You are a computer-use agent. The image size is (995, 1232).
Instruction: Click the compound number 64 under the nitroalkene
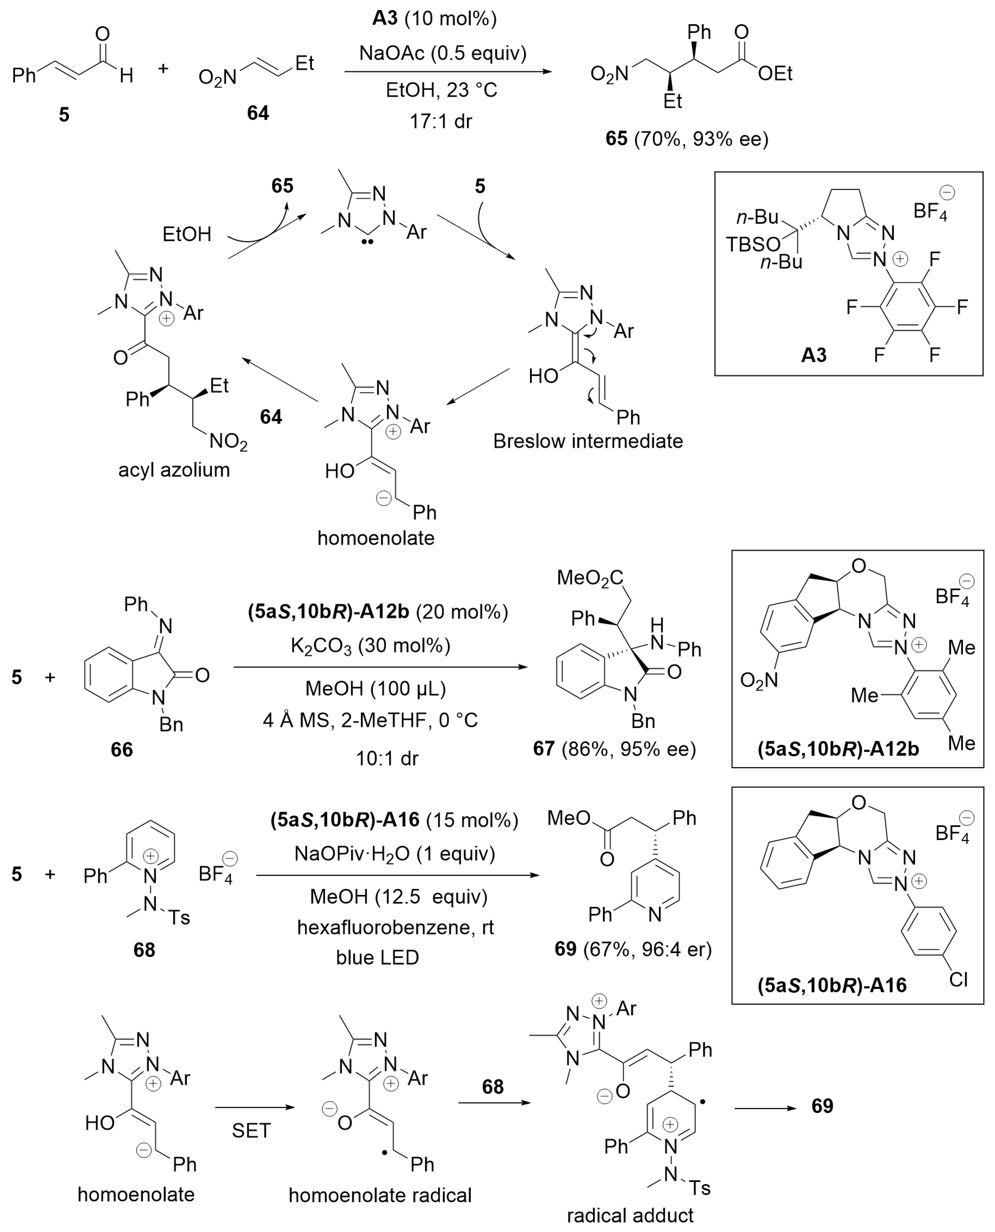pyautogui.click(x=258, y=113)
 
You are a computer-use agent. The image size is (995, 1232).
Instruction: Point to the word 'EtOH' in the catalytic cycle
pyautogui.click(x=187, y=234)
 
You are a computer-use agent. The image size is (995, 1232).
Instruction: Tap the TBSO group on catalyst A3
pyautogui.click(x=753, y=245)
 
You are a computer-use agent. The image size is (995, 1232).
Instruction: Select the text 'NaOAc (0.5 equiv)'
pyautogui.click(x=442, y=53)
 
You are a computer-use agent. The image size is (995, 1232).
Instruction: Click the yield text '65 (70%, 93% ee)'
pyautogui.click(x=687, y=139)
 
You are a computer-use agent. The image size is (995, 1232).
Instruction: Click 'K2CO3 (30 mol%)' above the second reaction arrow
pyautogui.click(x=370, y=646)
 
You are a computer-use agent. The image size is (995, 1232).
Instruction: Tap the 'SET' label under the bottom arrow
pyautogui.click(x=251, y=1131)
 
